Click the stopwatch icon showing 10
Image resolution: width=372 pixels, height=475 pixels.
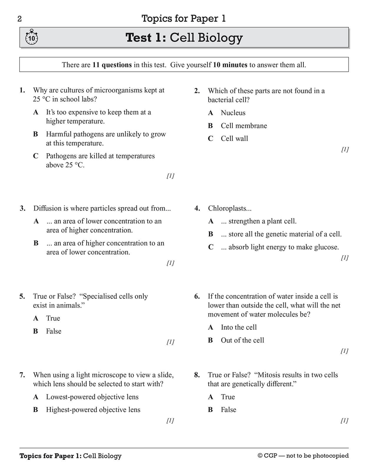coord(31,37)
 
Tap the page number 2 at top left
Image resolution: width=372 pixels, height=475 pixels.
coord(20,19)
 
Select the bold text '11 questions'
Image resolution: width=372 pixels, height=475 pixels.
coord(112,65)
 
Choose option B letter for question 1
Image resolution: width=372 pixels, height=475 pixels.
coord(36,134)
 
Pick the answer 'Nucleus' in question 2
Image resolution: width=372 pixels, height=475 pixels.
coord(233,113)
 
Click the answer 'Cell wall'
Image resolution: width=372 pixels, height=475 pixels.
coord(234,138)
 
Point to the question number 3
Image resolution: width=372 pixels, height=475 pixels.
coord(23,208)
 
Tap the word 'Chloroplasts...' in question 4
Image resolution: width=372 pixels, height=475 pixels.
coord(230,208)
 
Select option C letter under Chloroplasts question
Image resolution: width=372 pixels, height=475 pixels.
coord(211,247)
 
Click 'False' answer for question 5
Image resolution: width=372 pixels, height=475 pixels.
coord(54,331)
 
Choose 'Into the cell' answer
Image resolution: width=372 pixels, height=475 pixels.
coord(239,327)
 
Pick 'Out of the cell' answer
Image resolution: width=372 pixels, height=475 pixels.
coord(242,340)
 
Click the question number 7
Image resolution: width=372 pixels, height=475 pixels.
coord(22,375)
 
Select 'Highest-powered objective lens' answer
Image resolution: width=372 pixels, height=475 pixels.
coord(93,410)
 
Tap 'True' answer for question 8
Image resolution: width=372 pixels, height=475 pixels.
coord(228,397)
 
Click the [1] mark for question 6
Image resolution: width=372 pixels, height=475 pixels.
coord(344,351)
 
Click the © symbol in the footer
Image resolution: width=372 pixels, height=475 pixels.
coord(260,456)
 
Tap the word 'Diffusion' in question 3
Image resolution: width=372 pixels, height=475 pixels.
coord(47,208)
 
